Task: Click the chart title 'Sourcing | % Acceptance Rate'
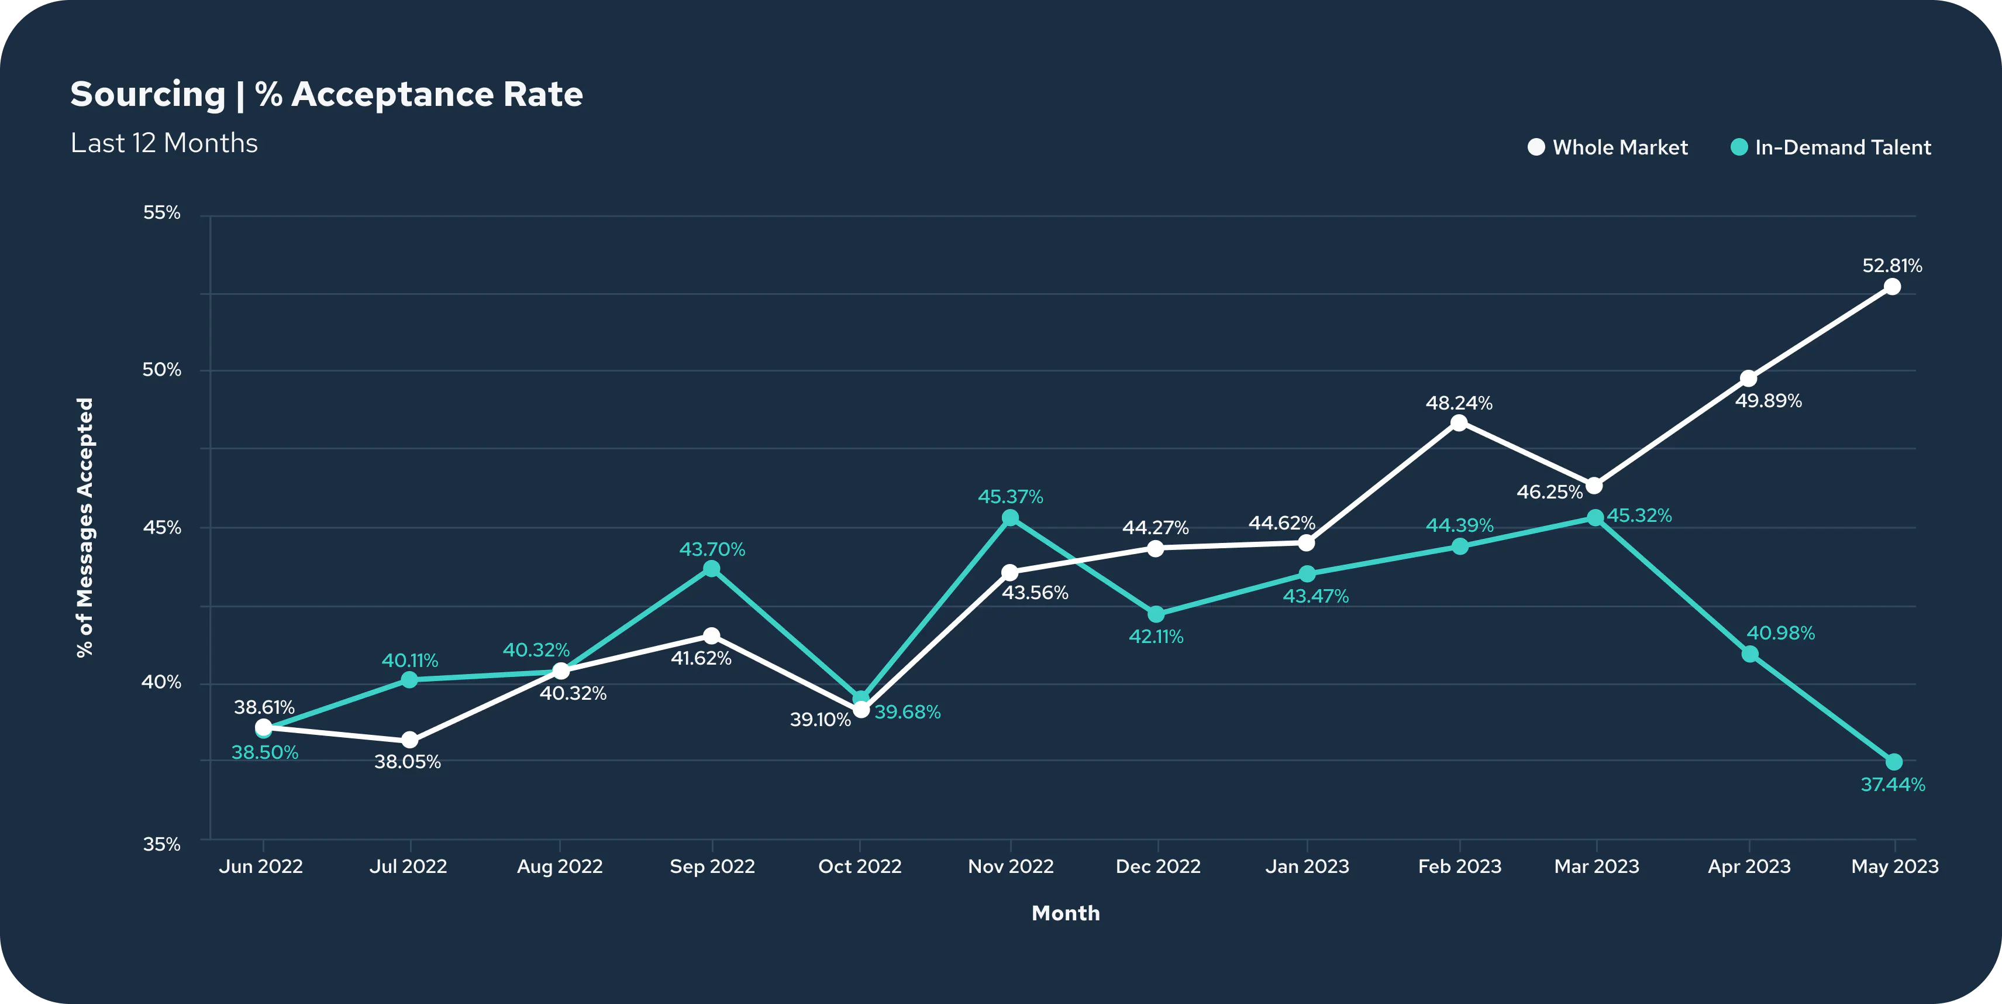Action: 326,95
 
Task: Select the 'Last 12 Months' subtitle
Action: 164,143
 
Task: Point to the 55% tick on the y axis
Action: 161,213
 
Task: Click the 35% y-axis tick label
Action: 161,845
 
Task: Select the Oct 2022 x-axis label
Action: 860,867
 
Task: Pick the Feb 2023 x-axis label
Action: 1459,867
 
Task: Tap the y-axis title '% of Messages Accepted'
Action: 85,527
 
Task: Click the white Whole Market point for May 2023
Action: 1893,287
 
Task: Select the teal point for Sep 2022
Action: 711,569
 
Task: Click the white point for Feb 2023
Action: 1459,423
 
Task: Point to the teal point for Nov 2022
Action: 1009,518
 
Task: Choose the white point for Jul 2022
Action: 409,740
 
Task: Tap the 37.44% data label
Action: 1893,785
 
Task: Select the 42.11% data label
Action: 1156,637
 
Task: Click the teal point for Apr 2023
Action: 1749,654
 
